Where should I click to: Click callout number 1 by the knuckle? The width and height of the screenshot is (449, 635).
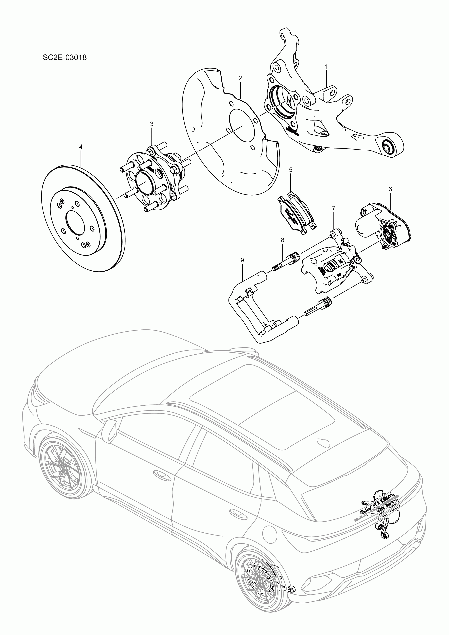(x=326, y=67)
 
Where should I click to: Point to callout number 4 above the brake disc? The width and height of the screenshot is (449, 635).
(x=81, y=147)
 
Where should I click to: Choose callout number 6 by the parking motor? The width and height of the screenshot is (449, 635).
(x=390, y=189)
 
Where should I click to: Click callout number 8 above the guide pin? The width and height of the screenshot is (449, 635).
(x=282, y=240)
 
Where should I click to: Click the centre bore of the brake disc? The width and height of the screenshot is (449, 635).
(x=75, y=221)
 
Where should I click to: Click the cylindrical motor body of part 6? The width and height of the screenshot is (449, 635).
(x=365, y=225)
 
